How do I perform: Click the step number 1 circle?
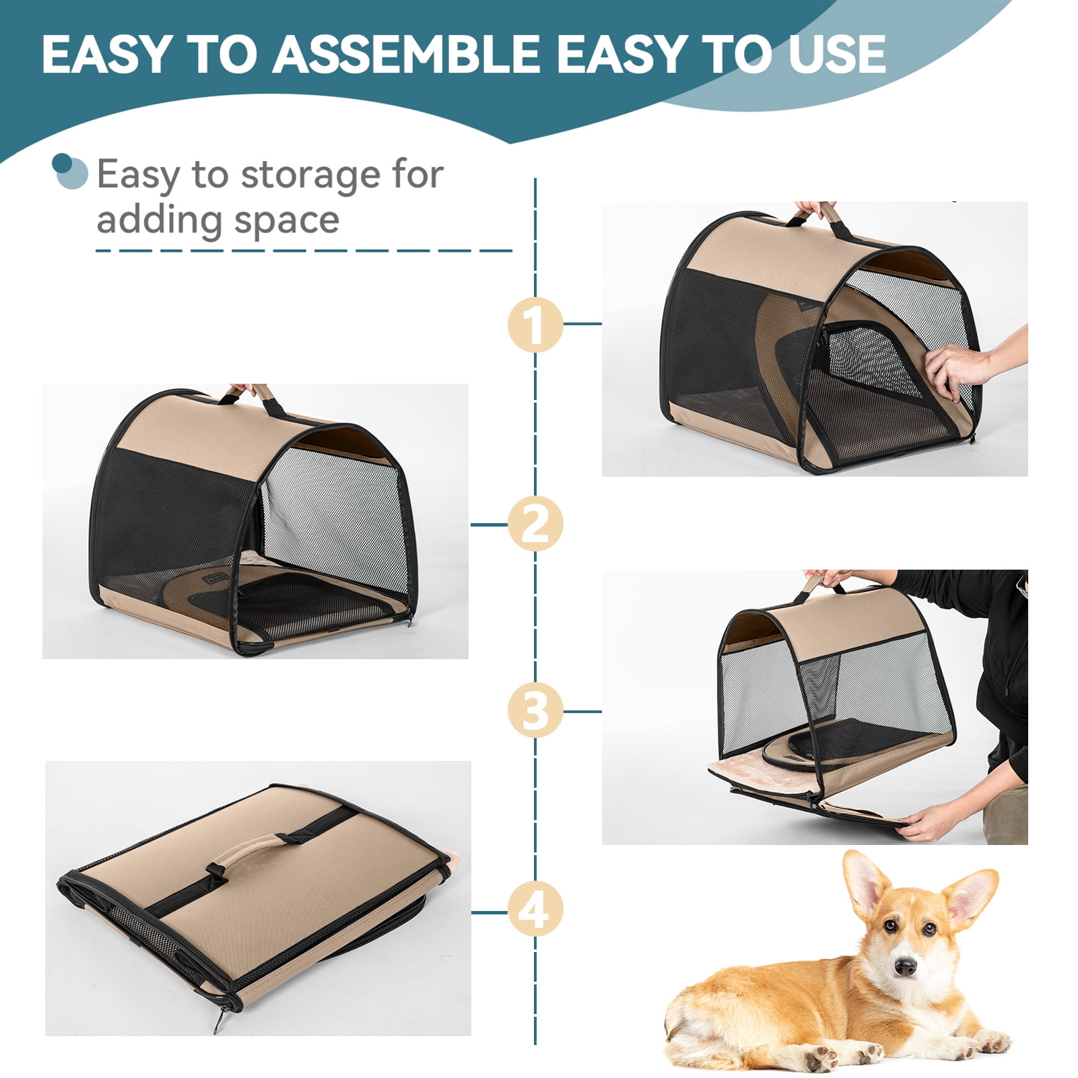535,325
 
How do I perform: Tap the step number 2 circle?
535,525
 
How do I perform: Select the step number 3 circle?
535,711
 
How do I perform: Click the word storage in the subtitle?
311,176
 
